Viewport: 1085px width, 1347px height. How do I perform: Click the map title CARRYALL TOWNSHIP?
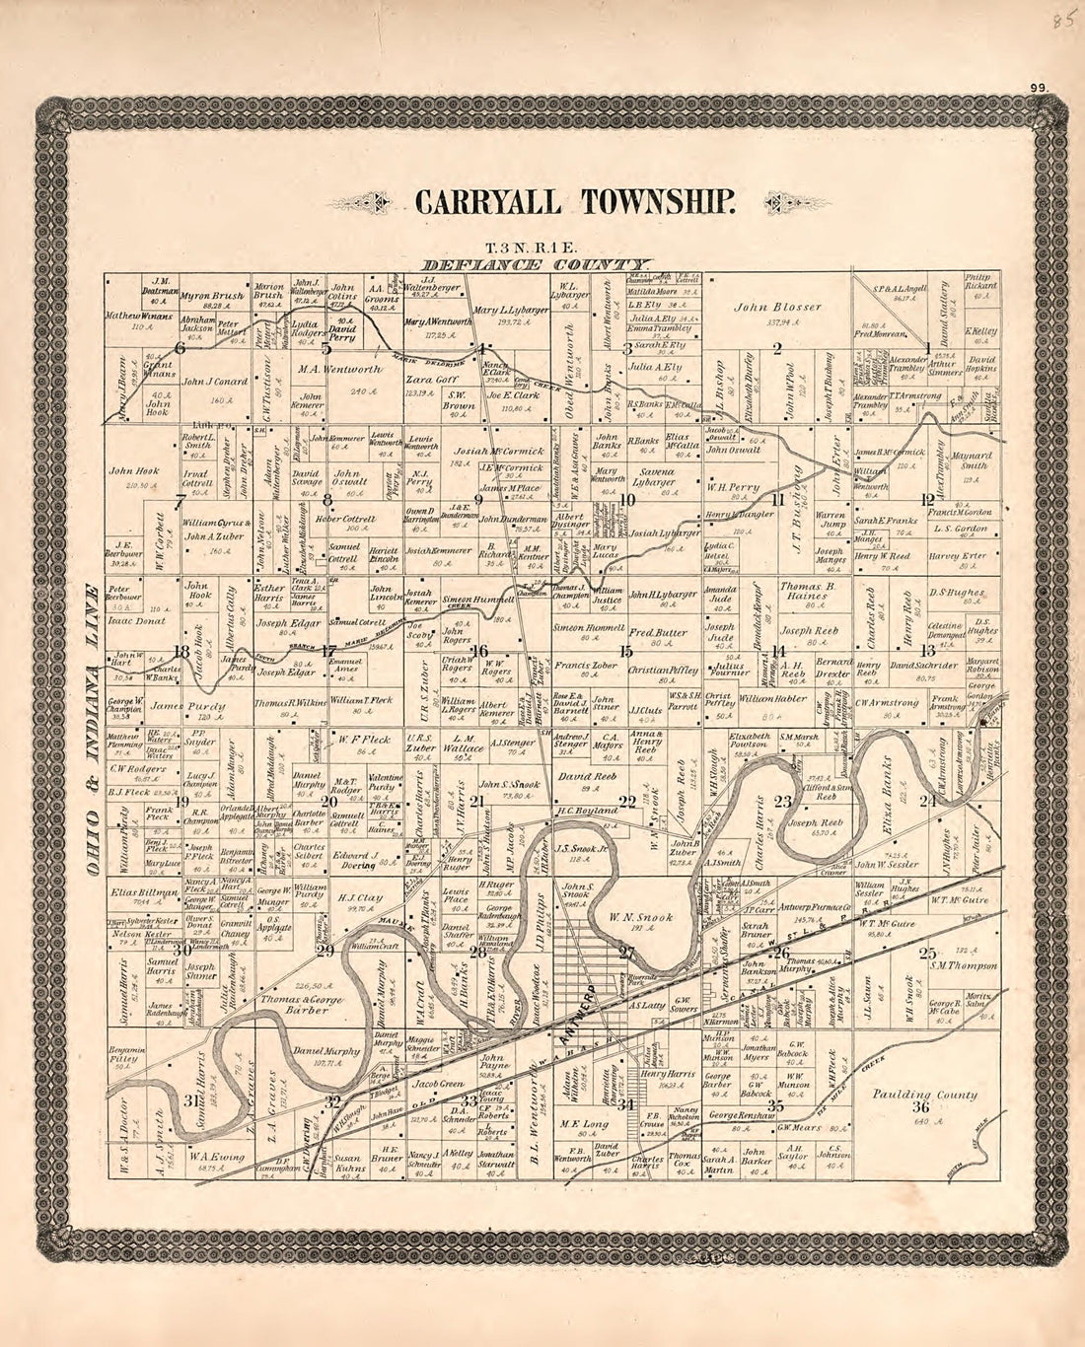click(574, 201)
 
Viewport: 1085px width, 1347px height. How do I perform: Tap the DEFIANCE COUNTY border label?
click(537, 264)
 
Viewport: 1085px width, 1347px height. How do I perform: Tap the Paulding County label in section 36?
click(924, 1094)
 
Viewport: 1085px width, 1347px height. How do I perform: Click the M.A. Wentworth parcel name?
click(338, 369)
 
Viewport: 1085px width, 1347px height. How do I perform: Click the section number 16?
click(478, 651)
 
